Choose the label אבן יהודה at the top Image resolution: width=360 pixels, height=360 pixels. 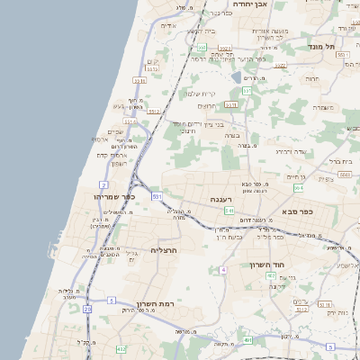(252, 4)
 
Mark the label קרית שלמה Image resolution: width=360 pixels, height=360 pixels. (202, 94)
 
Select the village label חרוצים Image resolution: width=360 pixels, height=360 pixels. (211, 104)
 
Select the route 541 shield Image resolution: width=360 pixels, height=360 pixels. (230, 211)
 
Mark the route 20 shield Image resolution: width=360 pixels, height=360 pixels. (88, 310)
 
